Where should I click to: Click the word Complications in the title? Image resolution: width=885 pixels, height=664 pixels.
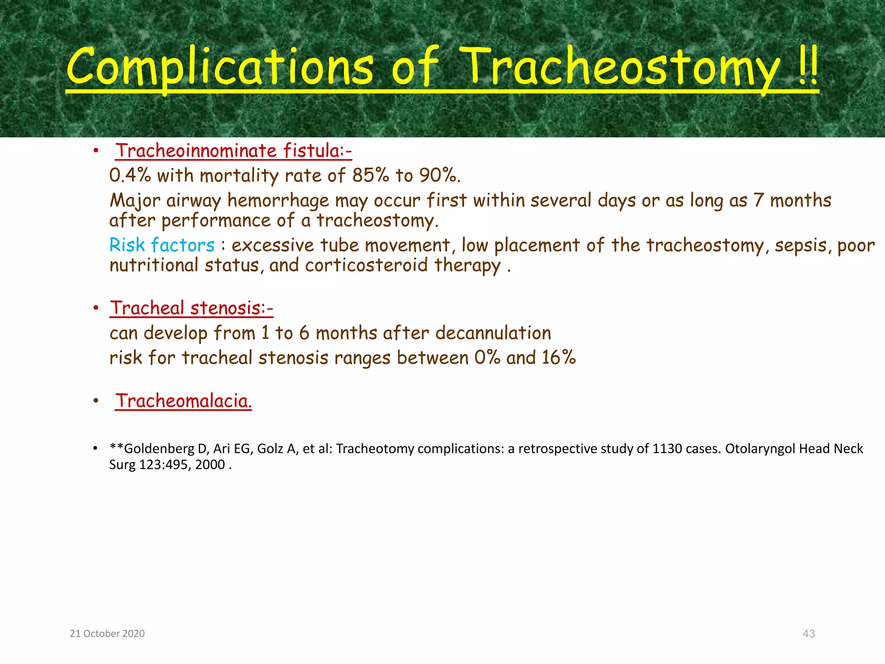click(220, 67)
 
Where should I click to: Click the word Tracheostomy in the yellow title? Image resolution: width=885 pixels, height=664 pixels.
click(621, 67)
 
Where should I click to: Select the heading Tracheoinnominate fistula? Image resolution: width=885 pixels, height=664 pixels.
click(233, 150)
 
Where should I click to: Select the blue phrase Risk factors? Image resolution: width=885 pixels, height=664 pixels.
click(162, 245)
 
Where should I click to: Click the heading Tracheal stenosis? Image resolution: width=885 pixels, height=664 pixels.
click(191, 308)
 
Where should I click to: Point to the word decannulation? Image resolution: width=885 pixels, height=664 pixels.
click(493, 333)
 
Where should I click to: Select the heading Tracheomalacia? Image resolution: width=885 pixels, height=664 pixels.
click(183, 401)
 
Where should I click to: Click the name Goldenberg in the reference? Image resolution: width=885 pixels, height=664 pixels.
click(159, 449)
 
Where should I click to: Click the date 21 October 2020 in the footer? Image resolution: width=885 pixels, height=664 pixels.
click(107, 633)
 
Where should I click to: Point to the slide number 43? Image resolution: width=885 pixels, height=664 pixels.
click(809, 633)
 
